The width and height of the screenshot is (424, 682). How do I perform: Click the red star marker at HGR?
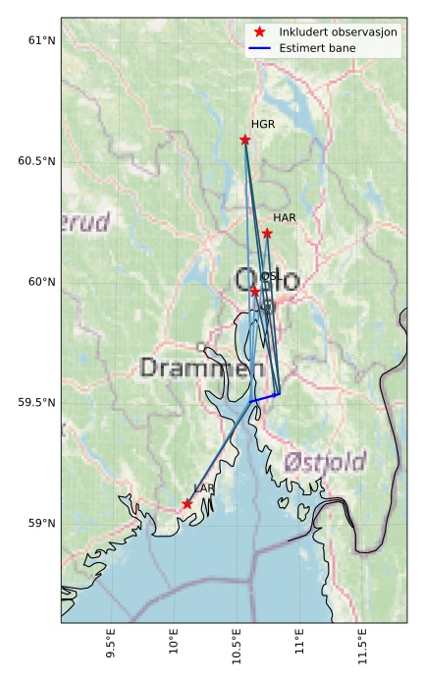(x=245, y=140)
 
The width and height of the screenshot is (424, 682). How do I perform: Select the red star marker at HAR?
(x=267, y=233)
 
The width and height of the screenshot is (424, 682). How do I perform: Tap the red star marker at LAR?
(x=187, y=504)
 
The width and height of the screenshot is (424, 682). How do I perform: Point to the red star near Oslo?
(x=255, y=291)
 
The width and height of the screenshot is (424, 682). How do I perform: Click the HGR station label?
(x=263, y=125)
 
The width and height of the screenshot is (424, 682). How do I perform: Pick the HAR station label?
(x=285, y=217)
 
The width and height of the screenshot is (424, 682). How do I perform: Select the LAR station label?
(x=204, y=488)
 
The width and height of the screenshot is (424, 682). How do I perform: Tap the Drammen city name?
(x=201, y=369)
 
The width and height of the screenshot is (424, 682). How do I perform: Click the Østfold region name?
(x=325, y=462)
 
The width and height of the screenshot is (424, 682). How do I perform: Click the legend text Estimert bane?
(x=317, y=48)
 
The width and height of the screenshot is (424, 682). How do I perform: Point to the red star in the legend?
(x=259, y=32)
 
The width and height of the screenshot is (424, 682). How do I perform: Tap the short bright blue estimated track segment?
(x=265, y=397)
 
